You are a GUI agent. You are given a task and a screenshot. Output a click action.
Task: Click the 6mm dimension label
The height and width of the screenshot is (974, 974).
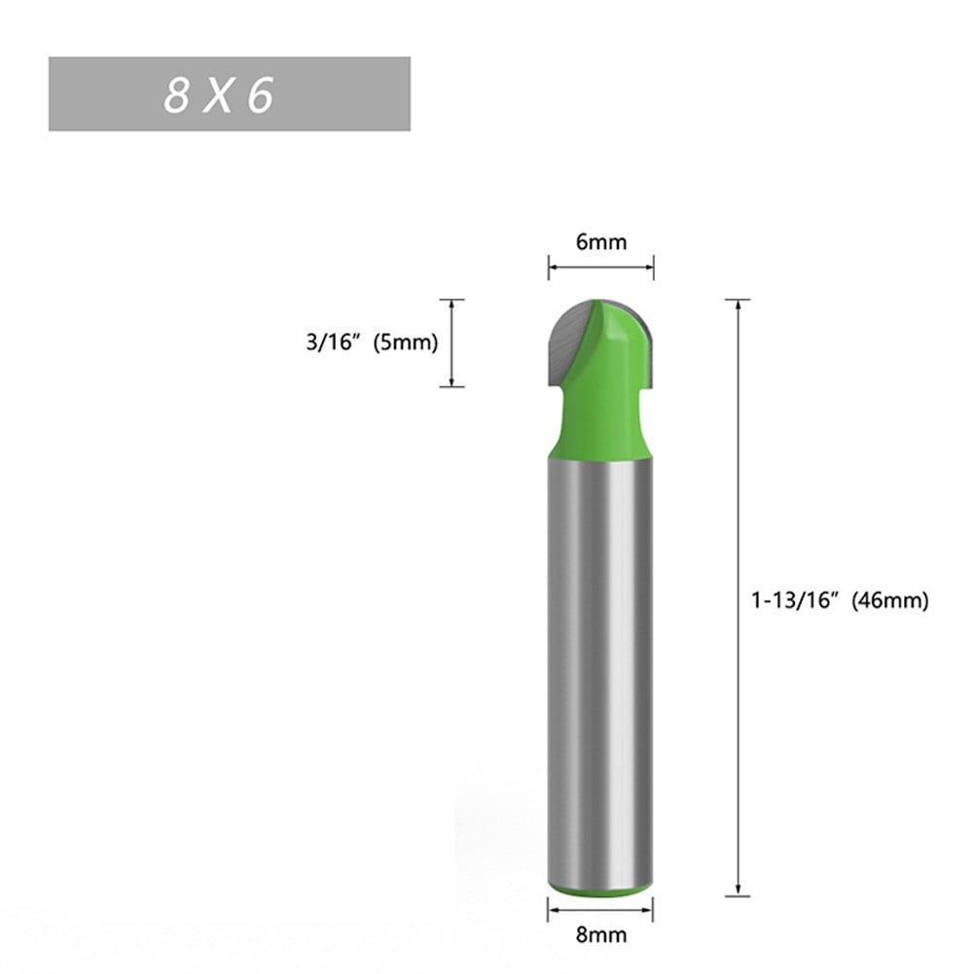coord(601,242)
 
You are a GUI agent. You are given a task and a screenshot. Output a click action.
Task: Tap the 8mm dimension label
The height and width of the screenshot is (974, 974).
coord(600,936)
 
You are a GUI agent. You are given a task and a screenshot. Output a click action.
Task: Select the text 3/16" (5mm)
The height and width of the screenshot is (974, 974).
coord(371,343)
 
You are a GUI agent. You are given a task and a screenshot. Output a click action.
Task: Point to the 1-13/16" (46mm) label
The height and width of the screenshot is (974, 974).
coord(839,601)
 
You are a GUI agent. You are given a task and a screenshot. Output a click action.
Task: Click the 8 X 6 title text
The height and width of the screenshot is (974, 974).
coord(219,94)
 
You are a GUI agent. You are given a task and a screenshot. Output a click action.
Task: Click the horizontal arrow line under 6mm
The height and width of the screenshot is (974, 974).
coord(601,267)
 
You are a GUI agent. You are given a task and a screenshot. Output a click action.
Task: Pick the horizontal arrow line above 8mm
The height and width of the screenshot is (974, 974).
coord(600,910)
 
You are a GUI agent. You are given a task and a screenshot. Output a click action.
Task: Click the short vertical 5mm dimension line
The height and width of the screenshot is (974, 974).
coord(451,343)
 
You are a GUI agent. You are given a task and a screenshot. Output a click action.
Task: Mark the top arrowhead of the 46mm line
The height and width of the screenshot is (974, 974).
coord(739,305)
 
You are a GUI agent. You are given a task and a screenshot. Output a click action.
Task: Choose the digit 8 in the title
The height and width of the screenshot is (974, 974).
coord(176,94)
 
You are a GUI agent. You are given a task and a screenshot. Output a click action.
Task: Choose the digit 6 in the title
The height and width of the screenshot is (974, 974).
coord(260,94)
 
